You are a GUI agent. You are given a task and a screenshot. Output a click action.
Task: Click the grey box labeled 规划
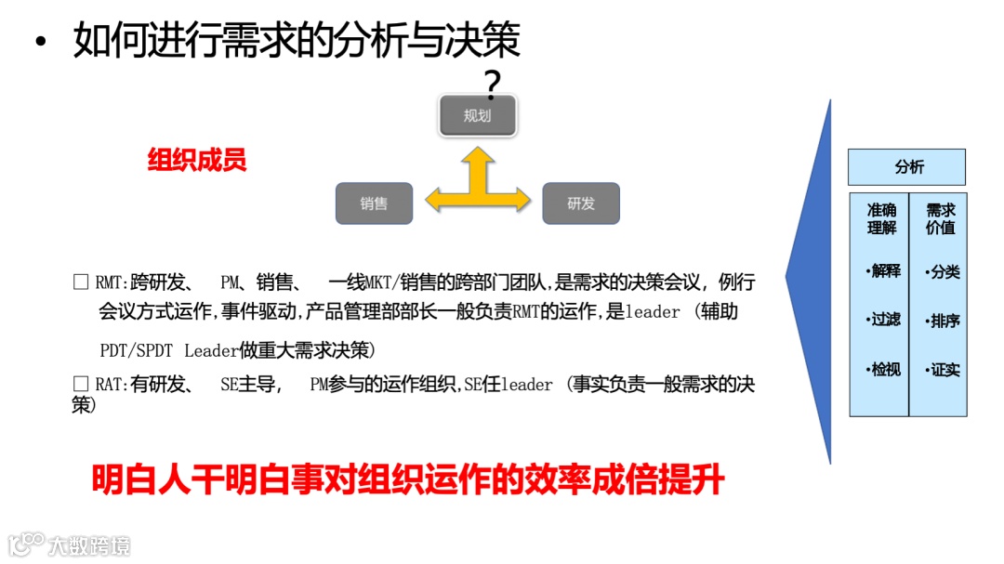point(477,116)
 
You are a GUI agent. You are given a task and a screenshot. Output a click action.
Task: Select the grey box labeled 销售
point(374,203)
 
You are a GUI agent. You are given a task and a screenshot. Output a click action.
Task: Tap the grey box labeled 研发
point(581,203)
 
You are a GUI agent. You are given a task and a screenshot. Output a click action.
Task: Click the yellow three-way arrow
point(478,187)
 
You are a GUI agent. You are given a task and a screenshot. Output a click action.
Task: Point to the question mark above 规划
point(493,85)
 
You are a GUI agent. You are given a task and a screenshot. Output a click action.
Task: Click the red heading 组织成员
point(197,161)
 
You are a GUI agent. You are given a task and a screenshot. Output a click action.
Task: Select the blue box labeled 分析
point(906,167)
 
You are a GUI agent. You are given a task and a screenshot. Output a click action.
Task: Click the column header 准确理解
point(880,218)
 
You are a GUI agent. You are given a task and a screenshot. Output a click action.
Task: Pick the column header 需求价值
point(940,218)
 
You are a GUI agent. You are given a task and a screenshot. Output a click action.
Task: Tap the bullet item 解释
point(883,271)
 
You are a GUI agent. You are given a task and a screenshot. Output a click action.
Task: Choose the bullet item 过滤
point(883,320)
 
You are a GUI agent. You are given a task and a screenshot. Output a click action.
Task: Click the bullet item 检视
point(883,369)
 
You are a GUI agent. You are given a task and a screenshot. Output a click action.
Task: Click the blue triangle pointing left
point(811,279)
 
